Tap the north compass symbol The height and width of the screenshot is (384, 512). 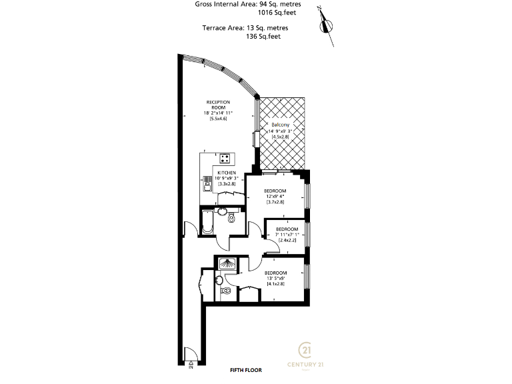326,25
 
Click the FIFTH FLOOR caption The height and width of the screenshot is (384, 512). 245,369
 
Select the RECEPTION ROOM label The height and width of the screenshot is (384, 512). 217,105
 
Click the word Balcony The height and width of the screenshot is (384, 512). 279,125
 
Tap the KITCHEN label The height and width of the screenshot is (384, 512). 227,173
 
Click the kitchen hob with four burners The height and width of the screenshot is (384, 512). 226,159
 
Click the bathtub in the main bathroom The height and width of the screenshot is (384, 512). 207,222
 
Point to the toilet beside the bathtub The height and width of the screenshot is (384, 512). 231,218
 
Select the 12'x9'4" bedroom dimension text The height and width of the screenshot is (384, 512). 275,196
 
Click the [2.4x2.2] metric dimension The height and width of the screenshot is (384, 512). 287,240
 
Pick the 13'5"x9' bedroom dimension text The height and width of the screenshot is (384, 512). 275,279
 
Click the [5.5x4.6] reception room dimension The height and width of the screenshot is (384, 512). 217,119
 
